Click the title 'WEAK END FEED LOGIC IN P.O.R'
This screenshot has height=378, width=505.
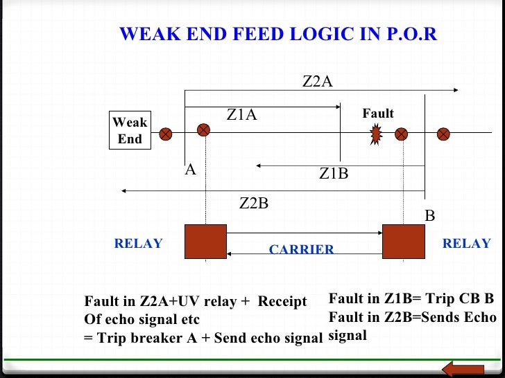pos(278,35)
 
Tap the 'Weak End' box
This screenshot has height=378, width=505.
pos(130,131)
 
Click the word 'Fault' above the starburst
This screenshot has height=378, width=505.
pos(378,114)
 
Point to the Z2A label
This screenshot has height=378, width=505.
pos(318,82)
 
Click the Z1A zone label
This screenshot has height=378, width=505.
pos(242,115)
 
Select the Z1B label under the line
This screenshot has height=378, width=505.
pos(334,174)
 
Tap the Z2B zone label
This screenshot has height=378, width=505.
pos(254,204)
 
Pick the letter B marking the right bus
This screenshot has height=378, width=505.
pos(430,216)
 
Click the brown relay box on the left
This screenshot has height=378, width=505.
pos(206,241)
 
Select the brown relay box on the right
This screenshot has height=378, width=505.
pos(403,241)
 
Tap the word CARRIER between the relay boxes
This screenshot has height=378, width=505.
pos(302,249)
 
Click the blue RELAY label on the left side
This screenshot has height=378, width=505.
pos(138,244)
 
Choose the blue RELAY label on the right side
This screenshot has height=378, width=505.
pos(466,244)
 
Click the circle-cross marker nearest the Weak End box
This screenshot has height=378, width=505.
pos(166,134)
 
